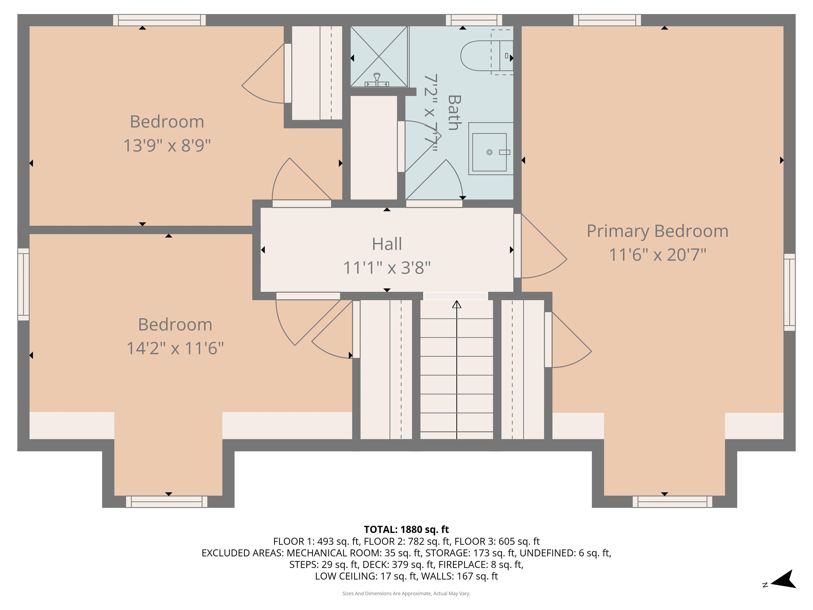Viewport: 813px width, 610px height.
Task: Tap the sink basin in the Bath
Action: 489,152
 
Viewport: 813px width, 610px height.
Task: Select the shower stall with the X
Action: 379,57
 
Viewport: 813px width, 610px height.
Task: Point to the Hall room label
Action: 387,244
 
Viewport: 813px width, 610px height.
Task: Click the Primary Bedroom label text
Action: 657,231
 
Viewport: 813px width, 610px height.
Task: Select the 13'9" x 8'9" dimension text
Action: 167,146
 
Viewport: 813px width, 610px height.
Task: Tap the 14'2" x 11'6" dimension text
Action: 175,348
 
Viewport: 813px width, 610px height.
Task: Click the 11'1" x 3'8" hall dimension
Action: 387,268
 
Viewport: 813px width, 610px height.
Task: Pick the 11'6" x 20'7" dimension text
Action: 658,255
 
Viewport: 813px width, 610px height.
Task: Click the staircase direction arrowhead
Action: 457,304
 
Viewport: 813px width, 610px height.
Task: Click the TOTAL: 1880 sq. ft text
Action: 406,530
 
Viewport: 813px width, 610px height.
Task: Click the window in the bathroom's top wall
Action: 474,20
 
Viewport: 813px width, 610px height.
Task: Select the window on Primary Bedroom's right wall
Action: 789,292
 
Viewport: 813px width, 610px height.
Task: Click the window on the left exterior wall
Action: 24,284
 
